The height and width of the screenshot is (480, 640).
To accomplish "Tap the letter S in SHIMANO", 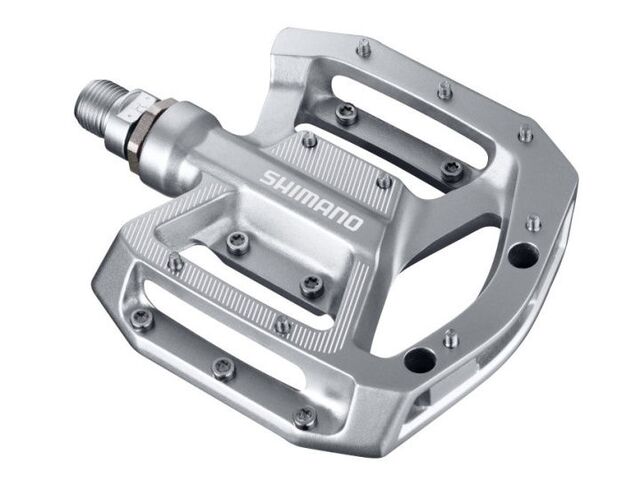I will [268, 178].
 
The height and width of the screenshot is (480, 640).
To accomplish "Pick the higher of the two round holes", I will [520, 254].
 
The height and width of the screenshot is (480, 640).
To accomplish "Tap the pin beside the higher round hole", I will [534, 222].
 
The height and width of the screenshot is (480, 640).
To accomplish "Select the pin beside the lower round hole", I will [451, 337].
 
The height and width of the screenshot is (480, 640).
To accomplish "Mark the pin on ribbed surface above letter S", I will [309, 140].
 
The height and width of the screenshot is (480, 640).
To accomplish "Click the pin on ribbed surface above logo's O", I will [383, 181].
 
